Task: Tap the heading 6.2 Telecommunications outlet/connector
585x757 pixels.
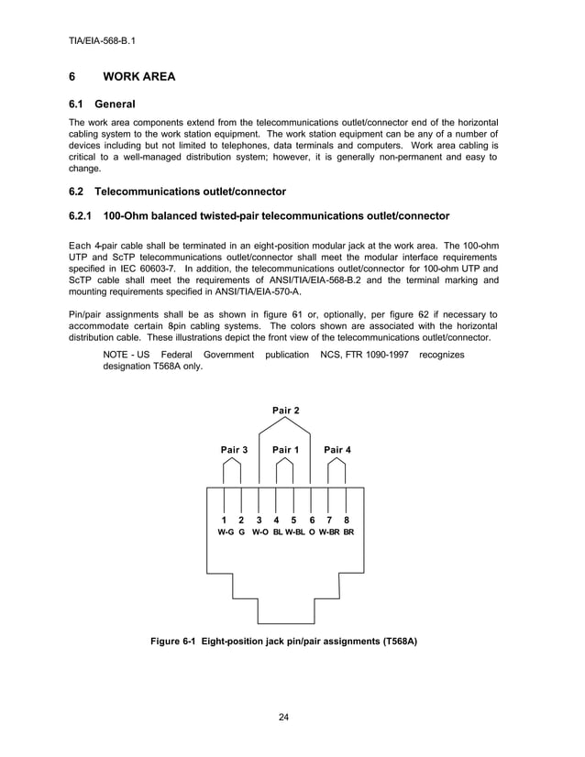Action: pyautogui.click(x=177, y=192)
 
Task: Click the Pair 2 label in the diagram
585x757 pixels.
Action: pyautogui.click(x=285, y=410)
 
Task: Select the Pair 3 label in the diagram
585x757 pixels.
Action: pyautogui.click(x=234, y=449)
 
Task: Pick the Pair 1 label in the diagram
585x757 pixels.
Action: pyautogui.click(x=285, y=449)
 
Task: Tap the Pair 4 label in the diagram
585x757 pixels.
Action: pyautogui.click(x=337, y=449)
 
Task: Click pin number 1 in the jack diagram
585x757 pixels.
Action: pyautogui.click(x=225, y=520)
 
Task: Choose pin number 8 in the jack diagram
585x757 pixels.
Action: pyautogui.click(x=347, y=520)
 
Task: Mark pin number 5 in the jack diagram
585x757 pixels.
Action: pyautogui.click(x=293, y=520)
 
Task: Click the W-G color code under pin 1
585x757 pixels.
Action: pyautogui.click(x=225, y=532)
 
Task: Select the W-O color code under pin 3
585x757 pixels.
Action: pyautogui.click(x=259, y=532)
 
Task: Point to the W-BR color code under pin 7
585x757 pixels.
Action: pyautogui.click(x=329, y=532)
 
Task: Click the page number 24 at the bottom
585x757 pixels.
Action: pyautogui.click(x=284, y=716)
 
